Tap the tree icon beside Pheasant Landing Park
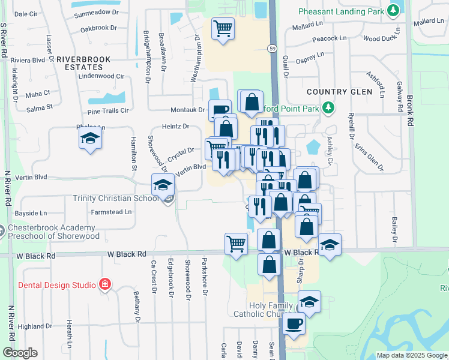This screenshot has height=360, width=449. pos(394,10)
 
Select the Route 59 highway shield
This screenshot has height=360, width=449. pos(273,49)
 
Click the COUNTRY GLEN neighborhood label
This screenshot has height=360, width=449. pos(336,92)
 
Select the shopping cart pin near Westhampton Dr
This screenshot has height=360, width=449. pos(223,28)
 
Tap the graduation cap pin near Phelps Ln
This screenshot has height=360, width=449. pos(90,139)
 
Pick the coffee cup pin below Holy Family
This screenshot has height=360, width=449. pos(294,324)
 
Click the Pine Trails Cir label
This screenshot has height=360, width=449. pos(108,111)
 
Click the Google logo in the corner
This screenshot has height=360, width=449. pos(20,353)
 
